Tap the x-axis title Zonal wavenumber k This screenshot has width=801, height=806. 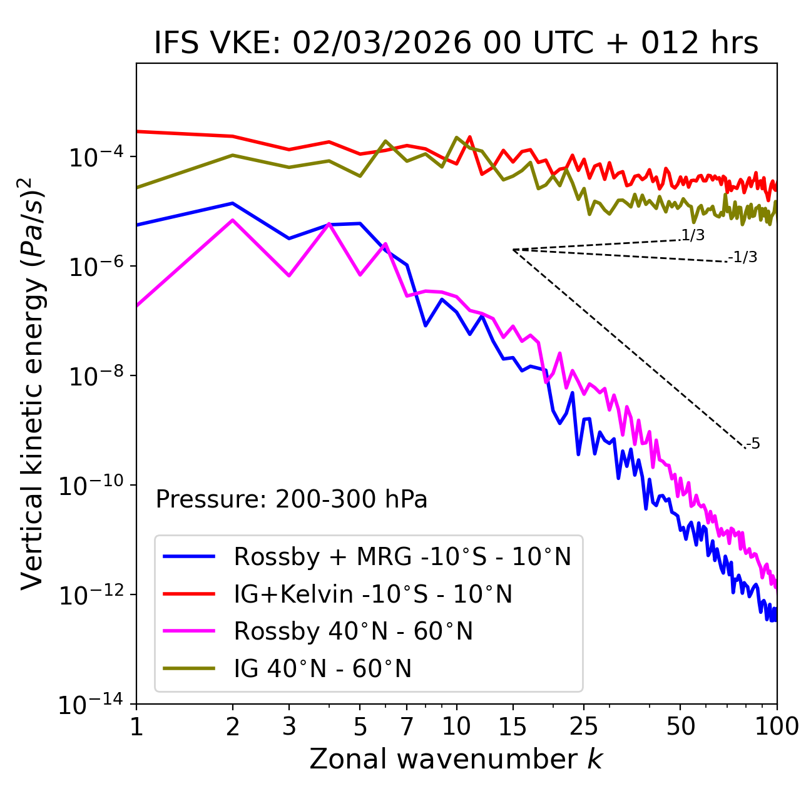[456, 759]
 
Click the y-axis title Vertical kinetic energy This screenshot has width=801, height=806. [33, 383]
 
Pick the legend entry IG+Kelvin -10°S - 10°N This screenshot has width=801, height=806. [373, 594]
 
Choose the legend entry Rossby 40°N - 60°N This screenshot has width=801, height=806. [353, 631]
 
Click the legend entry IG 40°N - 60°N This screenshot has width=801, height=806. [322, 669]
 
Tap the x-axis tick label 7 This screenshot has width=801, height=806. [407, 726]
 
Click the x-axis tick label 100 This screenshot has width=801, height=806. [776, 726]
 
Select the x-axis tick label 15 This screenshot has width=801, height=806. [513, 726]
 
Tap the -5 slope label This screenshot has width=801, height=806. [753, 444]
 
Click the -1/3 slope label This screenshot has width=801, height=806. [743, 257]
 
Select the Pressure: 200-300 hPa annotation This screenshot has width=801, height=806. [291, 499]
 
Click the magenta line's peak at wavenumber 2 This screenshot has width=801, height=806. [233, 220]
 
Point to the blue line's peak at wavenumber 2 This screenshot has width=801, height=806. [233, 203]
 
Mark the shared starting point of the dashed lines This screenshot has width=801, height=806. [513, 250]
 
